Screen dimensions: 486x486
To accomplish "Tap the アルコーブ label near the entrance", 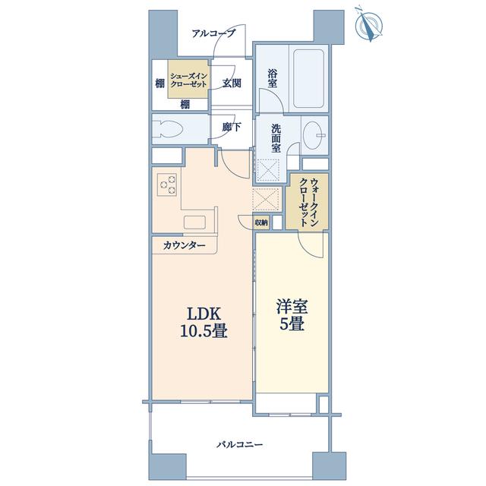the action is pyautogui.click(x=213, y=33).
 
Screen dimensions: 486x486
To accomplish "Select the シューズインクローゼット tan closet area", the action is pyautogui.click(x=188, y=79).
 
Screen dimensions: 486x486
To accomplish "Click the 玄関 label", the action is pyautogui.click(x=232, y=83).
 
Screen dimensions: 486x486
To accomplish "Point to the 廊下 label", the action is pyautogui.click(x=232, y=127).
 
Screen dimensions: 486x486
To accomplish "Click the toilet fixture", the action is pyautogui.click(x=168, y=128).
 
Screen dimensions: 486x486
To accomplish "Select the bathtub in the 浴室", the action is pyautogui.click(x=308, y=79).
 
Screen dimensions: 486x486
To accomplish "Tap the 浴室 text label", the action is pyautogui.click(x=273, y=78).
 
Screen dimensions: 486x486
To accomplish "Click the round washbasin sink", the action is pyautogui.click(x=313, y=135).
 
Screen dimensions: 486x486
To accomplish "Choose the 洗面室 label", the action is pyautogui.click(x=276, y=138).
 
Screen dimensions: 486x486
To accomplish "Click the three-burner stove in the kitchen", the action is pyautogui.click(x=167, y=185).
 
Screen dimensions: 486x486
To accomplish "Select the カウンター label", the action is pyautogui.click(x=184, y=246).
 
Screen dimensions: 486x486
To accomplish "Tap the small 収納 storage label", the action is pyautogui.click(x=261, y=222).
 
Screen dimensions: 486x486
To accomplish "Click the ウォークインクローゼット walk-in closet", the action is pyautogui.click(x=307, y=201).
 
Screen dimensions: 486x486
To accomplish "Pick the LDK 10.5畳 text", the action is pyautogui.click(x=204, y=322).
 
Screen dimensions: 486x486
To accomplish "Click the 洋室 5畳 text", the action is pyautogui.click(x=292, y=315).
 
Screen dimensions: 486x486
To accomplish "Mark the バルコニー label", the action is pyautogui.click(x=240, y=445).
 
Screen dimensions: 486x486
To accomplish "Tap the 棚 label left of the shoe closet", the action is pyautogui.click(x=160, y=83).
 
